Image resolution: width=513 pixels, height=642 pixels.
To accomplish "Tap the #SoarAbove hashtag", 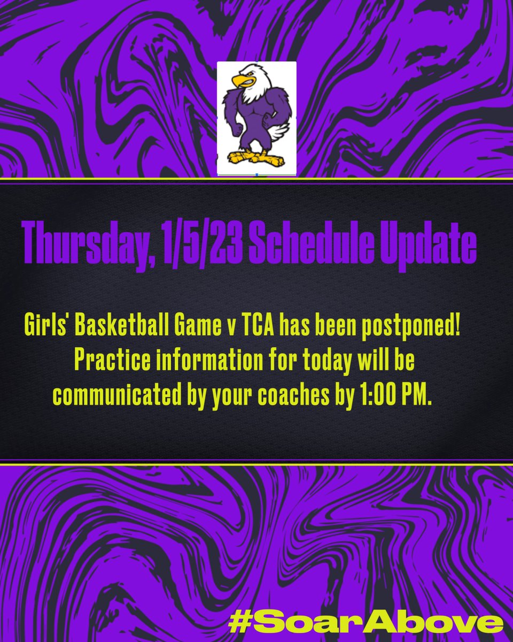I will pos(366,622).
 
